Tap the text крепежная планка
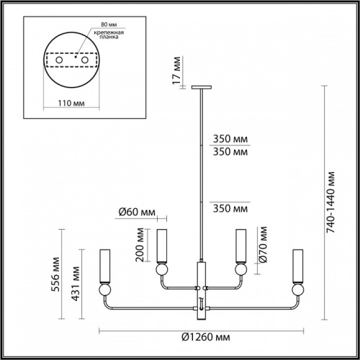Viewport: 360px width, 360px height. point(106,36)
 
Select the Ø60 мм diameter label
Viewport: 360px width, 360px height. point(137,212)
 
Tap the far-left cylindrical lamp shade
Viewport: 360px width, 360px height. point(105,265)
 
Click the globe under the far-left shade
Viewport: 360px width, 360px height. point(105,291)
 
